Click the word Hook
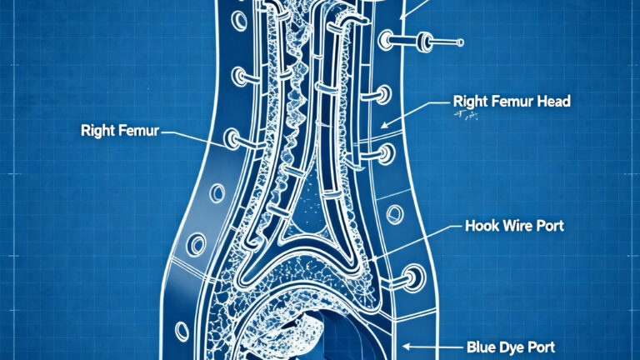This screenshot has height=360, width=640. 482,226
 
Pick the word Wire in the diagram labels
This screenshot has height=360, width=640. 517,226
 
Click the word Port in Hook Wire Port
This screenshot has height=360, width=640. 550,226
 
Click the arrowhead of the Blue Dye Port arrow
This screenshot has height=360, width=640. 406,343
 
